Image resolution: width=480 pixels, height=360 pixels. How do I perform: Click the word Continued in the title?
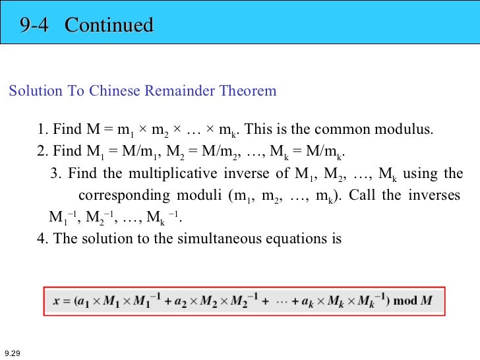pyautogui.click(x=109, y=25)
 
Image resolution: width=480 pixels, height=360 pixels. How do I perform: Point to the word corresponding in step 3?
pyautogui.click(x=122, y=196)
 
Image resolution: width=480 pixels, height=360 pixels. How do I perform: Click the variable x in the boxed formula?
pyautogui.click(x=57, y=301)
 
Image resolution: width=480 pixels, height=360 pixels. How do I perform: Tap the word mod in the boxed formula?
pyautogui.click(x=405, y=301)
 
